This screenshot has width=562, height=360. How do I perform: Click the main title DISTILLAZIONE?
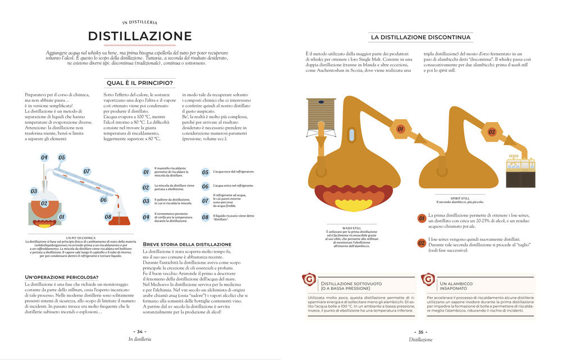point(140,37)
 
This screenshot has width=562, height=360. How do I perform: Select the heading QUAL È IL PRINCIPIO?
point(140,83)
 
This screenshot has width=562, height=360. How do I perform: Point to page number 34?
point(140,332)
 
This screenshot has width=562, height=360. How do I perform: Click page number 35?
point(420,332)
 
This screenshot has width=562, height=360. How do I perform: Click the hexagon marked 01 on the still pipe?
point(401,129)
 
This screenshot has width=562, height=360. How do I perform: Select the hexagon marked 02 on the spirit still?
point(491,132)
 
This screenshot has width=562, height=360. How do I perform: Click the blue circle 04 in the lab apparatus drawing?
point(44,157)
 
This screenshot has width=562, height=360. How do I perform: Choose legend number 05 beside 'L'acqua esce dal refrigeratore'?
point(205,173)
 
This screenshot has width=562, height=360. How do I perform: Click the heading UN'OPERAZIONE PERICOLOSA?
point(62,277)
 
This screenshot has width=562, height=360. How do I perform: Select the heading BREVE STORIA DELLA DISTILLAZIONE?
point(179,244)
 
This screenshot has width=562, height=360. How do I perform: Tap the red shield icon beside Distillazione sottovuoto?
point(309,280)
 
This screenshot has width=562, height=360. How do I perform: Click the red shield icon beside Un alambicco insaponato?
point(428,280)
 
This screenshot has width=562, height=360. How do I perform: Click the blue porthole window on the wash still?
point(352,135)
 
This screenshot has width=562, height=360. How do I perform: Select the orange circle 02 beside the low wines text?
point(422,243)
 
